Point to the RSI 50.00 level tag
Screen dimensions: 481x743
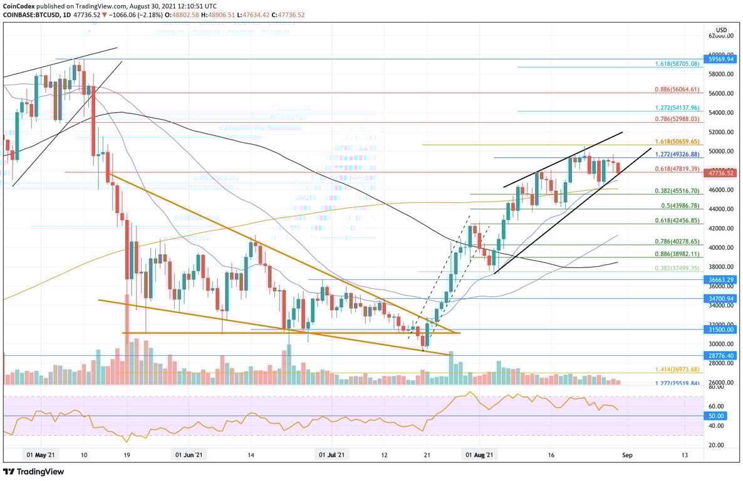pos(717,416)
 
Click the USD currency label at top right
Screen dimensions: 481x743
pos(722,30)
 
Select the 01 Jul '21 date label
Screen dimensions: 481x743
pos(331,455)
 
